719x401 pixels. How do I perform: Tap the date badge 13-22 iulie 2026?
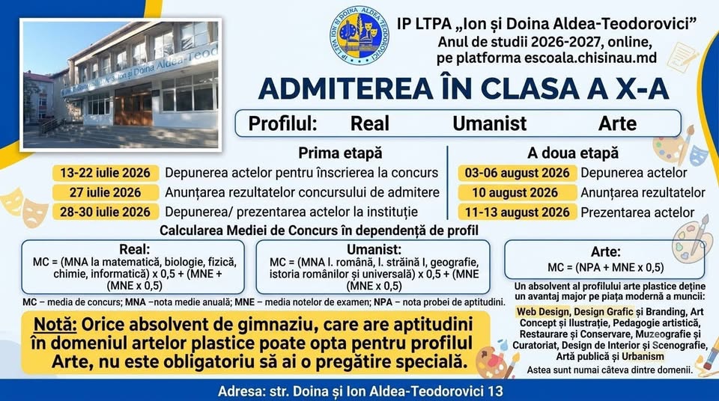(106, 173)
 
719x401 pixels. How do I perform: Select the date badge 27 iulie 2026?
(106, 192)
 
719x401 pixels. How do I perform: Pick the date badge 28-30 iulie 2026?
(106, 212)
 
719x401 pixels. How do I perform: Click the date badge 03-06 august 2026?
(518, 173)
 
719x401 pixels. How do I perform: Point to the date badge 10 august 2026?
(518, 192)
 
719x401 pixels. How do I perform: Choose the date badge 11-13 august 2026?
(518, 212)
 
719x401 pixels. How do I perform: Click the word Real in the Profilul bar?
(369, 123)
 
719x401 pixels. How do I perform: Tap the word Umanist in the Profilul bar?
(490, 123)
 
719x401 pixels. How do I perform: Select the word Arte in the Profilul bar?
(617, 123)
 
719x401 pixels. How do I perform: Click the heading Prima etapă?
(340, 153)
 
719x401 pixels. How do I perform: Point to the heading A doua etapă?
(573, 153)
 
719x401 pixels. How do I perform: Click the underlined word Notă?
(55, 325)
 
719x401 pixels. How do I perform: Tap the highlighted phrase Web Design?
(542, 312)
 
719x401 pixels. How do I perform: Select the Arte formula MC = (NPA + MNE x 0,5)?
(605, 268)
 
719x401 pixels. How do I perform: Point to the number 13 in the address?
(496, 391)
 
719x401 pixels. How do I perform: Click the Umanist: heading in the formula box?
(374, 249)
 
